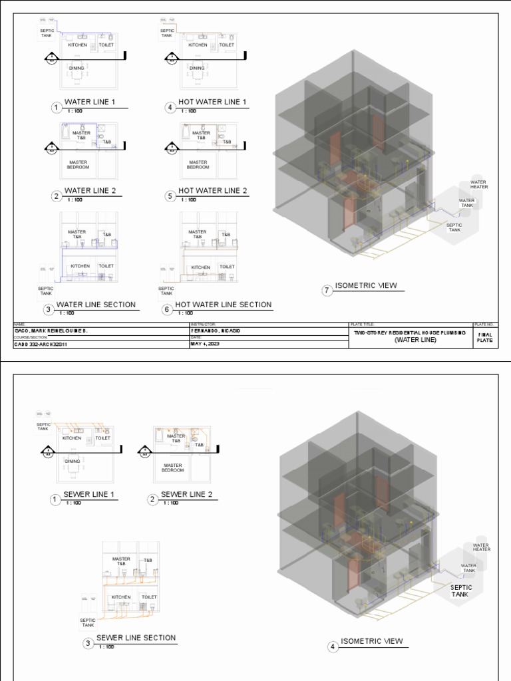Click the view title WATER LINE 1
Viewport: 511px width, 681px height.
tap(90, 102)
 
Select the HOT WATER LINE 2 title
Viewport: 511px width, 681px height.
tap(212, 191)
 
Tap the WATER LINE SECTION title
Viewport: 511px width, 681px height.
tap(96, 305)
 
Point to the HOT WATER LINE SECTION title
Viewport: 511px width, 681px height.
tap(224, 305)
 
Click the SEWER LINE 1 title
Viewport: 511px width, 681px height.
tap(89, 495)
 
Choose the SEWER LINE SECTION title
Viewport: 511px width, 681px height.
tap(136, 638)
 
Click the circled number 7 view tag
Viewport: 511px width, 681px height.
tap(327, 291)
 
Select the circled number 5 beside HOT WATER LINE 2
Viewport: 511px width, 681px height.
tap(171, 196)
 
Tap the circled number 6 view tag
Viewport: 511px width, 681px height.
tap(168, 309)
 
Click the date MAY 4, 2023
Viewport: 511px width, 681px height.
tap(204, 344)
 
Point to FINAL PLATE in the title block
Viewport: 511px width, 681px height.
tap(485, 337)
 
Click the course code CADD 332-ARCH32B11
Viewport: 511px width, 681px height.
tap(41, 344)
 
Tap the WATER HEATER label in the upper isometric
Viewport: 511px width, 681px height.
tap(479, 184)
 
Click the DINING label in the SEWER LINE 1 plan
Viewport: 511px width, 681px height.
tap(73, 461)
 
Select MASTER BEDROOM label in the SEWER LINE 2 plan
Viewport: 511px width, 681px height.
tap(172, 468)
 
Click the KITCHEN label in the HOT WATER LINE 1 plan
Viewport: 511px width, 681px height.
tap(198, 45)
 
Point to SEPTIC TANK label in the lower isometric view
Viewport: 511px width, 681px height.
tap(461, 591)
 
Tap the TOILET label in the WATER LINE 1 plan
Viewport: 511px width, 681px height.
tap(106, 45)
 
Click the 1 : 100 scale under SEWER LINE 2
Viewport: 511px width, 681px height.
tap(170, 503)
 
